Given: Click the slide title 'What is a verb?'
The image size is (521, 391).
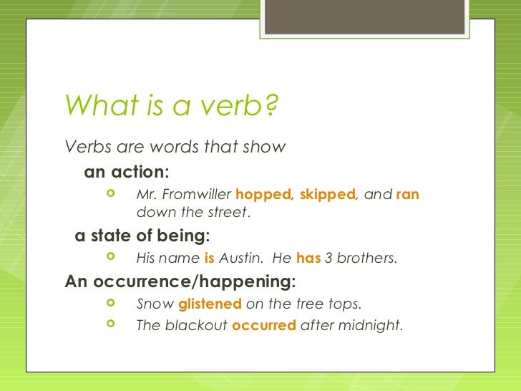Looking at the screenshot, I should (x=171, y=107).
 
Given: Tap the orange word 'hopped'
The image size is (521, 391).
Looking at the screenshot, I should (x=263, y=195).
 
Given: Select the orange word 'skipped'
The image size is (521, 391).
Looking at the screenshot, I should (x=327, y=195).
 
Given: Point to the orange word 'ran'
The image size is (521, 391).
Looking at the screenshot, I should (x=407, y=195).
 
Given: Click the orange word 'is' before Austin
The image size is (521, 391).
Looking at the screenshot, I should (x=209, y=258).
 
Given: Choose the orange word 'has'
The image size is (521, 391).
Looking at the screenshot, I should (x=308, y=258).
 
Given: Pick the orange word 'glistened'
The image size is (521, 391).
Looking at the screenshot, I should (x=210, y=304).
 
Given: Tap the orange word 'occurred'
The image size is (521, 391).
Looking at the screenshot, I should (x=264, y=325).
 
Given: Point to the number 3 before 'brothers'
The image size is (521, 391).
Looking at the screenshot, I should (x=328, y=258).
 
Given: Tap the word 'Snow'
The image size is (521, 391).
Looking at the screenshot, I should (x=155, y=304).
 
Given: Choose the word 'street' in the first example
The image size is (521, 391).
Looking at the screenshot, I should (x=228, y=213).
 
